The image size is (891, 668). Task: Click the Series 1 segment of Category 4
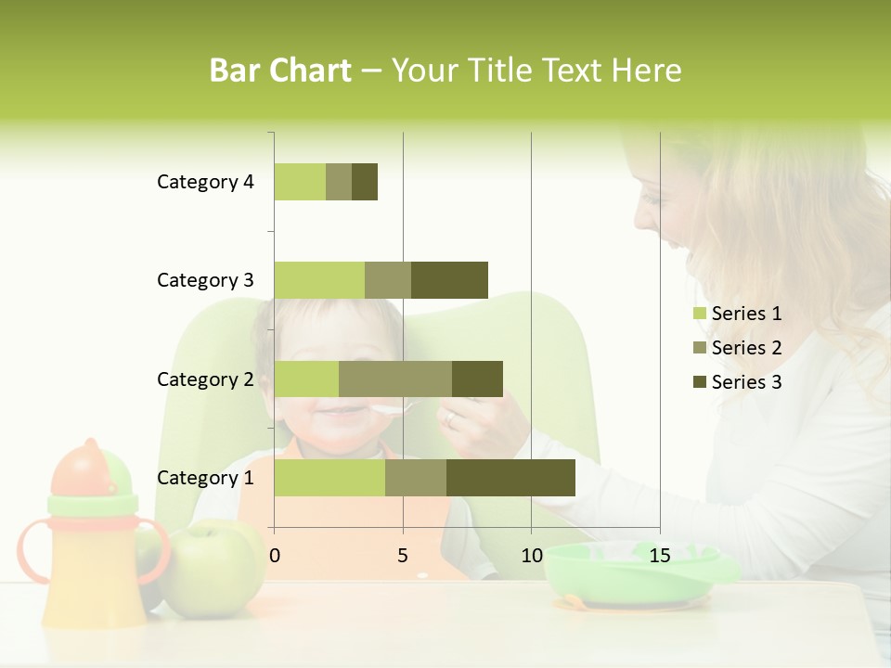[x=300, y=182]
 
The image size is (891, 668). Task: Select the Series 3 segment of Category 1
[x=510, y=478]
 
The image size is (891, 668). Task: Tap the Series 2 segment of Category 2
[x=395, y=379]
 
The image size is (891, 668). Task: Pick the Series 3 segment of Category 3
[x=449, y=280]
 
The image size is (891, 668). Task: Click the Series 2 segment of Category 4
[x=339, y=182]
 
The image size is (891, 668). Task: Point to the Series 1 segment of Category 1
[x=329, y=478]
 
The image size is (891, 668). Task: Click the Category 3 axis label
[x=205, y=280]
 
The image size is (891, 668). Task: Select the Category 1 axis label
[x=205, y=478]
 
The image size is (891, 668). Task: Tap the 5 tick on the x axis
[x=403, y=556]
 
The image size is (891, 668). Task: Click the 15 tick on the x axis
[x=660, y=556]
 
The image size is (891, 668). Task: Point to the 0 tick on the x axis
[x=275, y=556]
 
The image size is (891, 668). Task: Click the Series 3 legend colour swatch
[x=699, y=382]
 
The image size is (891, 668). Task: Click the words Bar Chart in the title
[x=280, y=71]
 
